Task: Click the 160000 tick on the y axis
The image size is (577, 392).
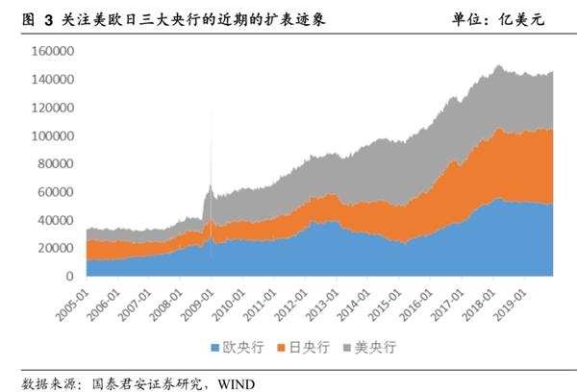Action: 56,52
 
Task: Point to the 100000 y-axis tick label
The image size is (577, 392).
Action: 56,135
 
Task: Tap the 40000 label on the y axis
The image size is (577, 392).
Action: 59,220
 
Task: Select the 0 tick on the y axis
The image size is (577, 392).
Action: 70,276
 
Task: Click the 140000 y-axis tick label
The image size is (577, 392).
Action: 56,80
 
